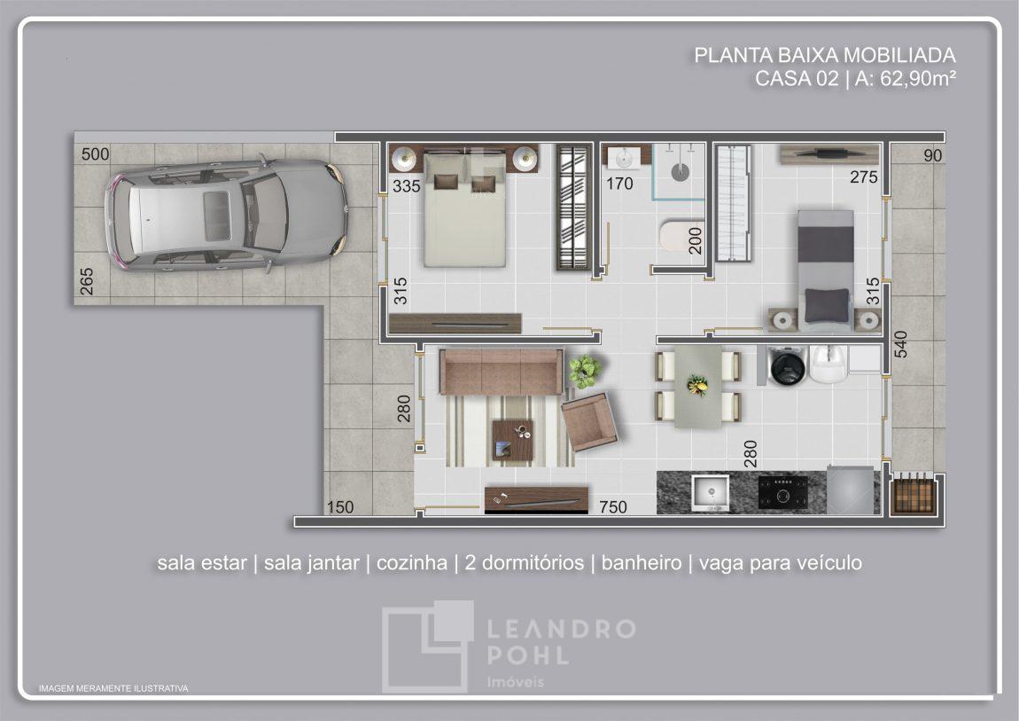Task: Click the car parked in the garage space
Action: point(225,214)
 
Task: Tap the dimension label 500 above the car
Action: point(95,154)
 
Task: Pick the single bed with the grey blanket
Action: point(826,267)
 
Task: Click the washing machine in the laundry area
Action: point(788,366)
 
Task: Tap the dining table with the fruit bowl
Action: point(698,386)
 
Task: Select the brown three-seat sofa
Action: point(501,372)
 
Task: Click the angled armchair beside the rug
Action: point(589,421)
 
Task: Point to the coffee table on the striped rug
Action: point(512,440)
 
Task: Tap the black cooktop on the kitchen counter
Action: point(783,492)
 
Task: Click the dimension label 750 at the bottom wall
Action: point(613,506)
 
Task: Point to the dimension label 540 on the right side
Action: point(900,344)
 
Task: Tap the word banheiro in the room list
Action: point(642,562)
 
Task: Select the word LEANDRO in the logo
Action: point(561,628)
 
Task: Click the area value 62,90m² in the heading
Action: point(918,79)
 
